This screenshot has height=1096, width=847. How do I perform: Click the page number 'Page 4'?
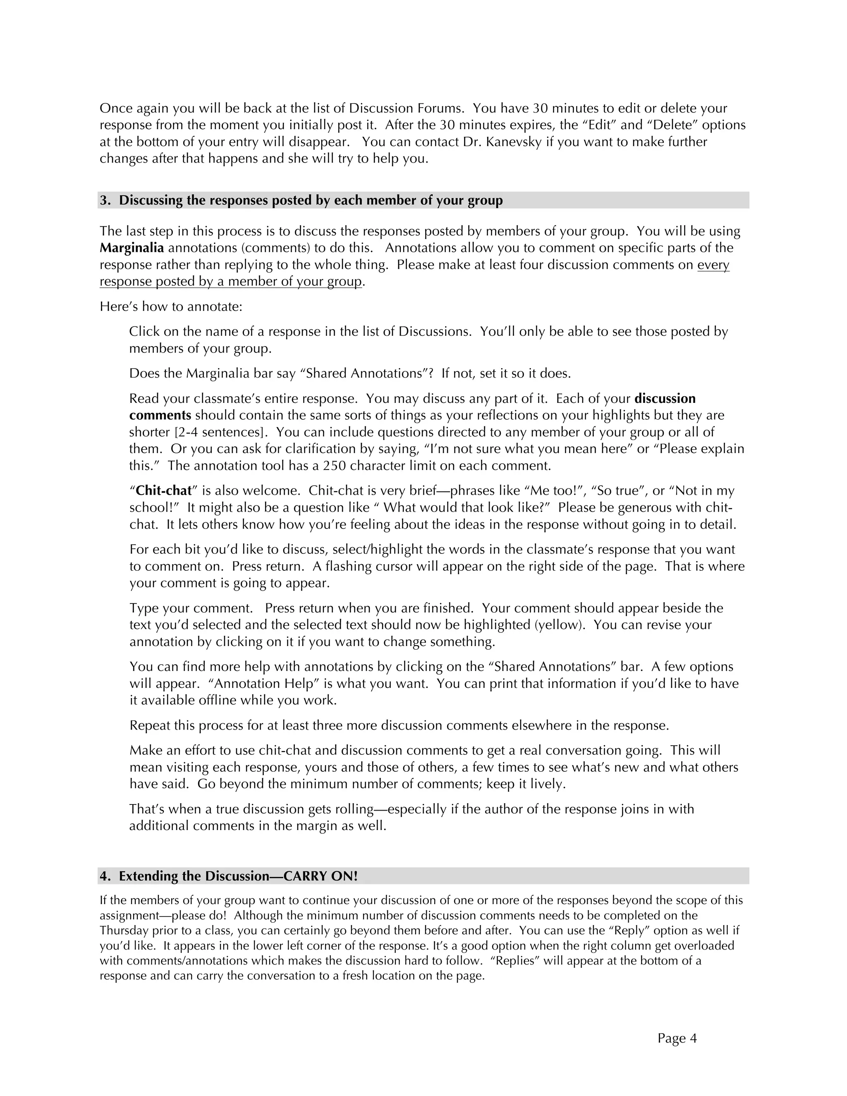tap(677, 1038)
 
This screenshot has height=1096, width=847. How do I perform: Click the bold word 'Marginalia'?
tap(132, 248)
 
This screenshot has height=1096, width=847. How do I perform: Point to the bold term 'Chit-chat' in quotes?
tap(164, 490)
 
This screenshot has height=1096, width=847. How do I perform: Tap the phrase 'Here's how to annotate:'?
tap(171, 306)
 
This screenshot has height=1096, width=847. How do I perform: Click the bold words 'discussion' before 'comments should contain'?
tap(665, 398)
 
